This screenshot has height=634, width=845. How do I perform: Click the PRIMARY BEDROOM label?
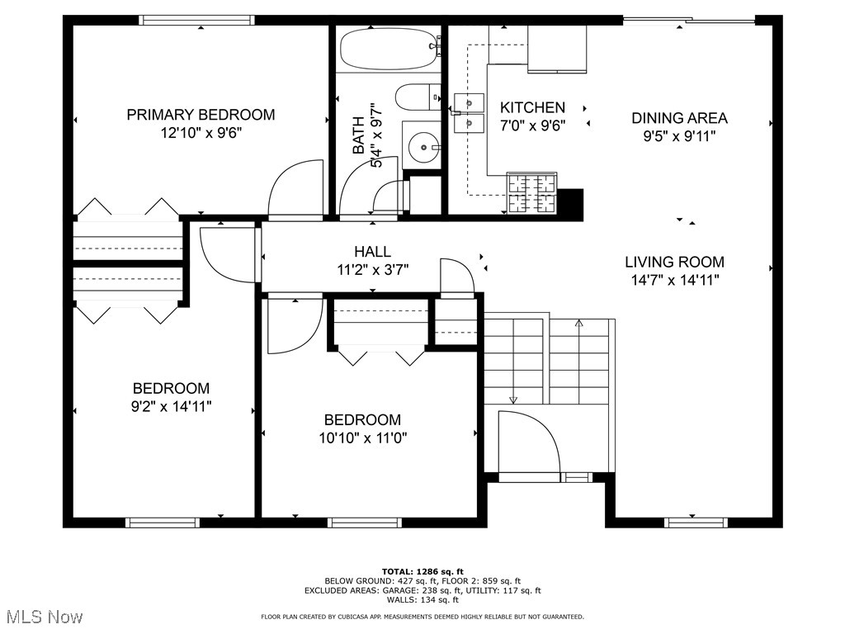201,115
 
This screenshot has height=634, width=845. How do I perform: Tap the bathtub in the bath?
389,50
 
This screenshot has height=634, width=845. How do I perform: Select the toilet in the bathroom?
418,97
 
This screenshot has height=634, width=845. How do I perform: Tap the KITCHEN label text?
532,107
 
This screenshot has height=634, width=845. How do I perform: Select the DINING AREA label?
679,118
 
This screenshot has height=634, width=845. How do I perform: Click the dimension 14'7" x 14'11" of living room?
674,280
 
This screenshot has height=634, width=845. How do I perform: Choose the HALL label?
372,252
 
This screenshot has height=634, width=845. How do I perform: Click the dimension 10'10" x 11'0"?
362,438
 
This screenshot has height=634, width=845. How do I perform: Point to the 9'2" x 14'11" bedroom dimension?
172,406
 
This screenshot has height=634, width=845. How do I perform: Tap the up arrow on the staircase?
579,324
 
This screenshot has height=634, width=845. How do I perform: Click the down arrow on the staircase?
512,400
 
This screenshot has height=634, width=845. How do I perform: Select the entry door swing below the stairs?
528,442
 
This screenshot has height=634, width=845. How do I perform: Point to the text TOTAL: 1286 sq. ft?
422,571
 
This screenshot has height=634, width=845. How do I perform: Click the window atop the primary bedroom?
196,21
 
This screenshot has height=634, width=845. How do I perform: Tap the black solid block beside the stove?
570,202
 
